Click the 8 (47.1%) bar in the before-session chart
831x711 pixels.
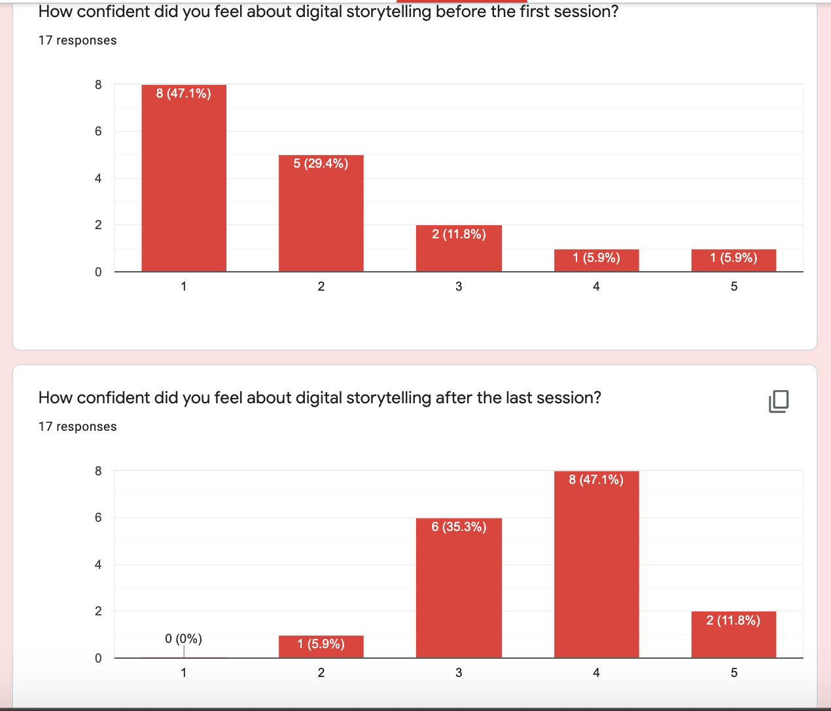(184, 178)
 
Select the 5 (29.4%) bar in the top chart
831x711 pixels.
(321, 213)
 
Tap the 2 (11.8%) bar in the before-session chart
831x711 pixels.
(459, 249)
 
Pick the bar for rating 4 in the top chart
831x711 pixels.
(596, 261)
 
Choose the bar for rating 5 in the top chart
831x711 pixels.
(734, 261)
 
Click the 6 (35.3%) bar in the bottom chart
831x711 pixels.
(459, 588)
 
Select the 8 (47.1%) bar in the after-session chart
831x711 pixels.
(596, 564)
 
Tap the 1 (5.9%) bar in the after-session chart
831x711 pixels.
(321, 646)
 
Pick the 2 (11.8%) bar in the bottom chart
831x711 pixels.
(734, 634)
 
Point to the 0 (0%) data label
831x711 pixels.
(183, 638)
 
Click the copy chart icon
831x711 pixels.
(779, 401)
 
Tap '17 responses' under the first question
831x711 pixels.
(77, 41)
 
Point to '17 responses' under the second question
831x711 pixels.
(77, 427)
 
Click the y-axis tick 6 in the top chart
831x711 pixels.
(98, 131)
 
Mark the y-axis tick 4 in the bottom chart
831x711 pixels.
(98, 564)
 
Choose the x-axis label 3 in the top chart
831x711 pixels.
(459, 286)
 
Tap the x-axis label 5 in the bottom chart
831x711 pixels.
(734, 672)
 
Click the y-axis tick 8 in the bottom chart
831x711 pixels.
(98, 471)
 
